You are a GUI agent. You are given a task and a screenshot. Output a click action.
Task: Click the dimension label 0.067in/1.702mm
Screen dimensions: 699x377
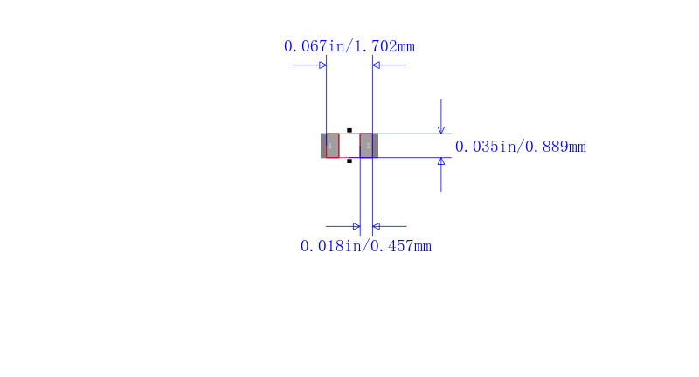[x=349, y=46]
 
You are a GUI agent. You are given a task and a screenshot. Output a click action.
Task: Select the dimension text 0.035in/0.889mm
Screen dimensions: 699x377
[x=520, y=147]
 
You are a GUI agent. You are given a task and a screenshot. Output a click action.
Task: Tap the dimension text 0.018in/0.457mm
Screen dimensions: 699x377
[x=365, y=246]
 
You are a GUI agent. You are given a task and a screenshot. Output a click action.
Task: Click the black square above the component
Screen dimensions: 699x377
[x=349, y=130]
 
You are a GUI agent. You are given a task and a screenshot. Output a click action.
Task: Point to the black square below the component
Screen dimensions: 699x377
[x=349, y=161]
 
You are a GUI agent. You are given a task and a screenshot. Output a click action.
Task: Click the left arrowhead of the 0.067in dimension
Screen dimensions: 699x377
[x=322, y=65]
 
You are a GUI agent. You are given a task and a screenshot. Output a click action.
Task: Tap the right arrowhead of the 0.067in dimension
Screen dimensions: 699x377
[x=377, y=65]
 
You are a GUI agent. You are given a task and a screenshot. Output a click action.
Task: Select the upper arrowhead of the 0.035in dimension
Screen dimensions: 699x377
[x=441, y=130]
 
